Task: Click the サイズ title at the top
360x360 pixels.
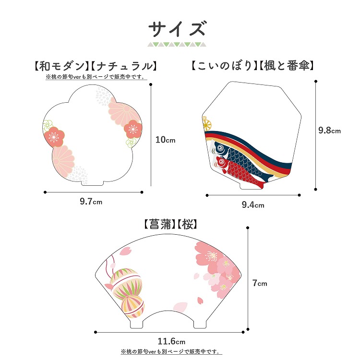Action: point(177,29)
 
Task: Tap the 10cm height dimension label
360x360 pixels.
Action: point(165,140)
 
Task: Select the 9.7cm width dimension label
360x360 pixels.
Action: point(91,202)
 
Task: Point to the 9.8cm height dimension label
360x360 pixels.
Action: point(329,131)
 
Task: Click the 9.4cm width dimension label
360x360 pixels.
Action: point(253,204)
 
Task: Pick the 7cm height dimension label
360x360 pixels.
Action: point(260,283)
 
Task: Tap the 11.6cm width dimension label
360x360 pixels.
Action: point(171,341)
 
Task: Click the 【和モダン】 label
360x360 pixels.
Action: point(61,66)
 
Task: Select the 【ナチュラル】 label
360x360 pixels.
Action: point(124,66)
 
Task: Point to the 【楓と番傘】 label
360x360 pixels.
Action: point(287,66)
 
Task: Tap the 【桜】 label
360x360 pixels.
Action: point(187,224)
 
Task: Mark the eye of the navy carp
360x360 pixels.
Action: point(220,148)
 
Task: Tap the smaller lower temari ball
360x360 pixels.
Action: point(133,307)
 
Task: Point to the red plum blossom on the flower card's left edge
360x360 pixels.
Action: point(54,137)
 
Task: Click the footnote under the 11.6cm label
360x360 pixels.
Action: point(171,351)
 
